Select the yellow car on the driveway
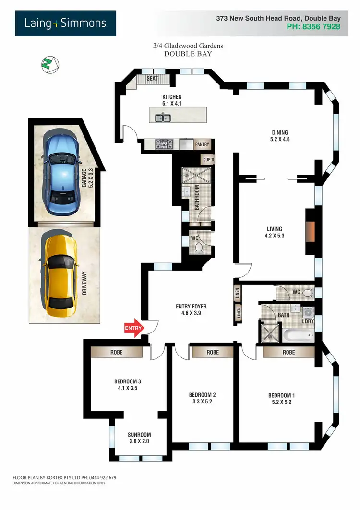59,274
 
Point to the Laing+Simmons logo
65,23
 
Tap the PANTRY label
202,144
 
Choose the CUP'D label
208,159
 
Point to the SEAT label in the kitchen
152,78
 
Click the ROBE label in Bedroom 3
116,352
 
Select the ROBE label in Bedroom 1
288,352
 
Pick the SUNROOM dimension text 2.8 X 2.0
140,441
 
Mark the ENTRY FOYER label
191,306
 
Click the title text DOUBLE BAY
188,54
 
